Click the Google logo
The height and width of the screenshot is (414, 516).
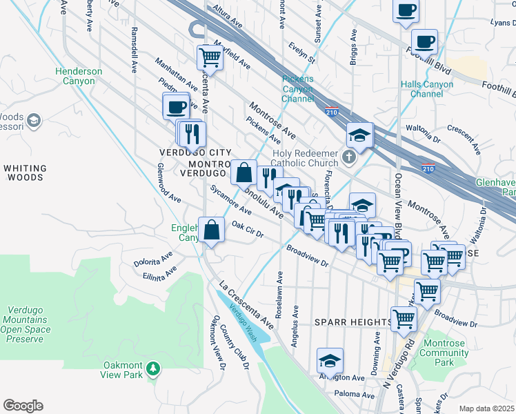(x=23, y=406)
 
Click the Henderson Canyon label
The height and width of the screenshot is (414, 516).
(x=79, y=77)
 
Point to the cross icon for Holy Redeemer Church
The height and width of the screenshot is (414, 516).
(x=349, y=156)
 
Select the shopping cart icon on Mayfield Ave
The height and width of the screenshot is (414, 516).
(x=210, y=58)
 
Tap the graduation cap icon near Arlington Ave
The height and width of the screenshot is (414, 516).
(x=330, y=361)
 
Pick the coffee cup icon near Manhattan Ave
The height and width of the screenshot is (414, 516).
(x=176, y=107)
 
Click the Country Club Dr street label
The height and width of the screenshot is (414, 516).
(x=242, y=352)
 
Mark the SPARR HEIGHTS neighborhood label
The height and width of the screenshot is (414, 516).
(x=353, y=322)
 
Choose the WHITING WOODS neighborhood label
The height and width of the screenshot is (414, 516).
(x=25, y=172)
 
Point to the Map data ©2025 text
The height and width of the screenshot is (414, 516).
(x=486, y=408)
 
